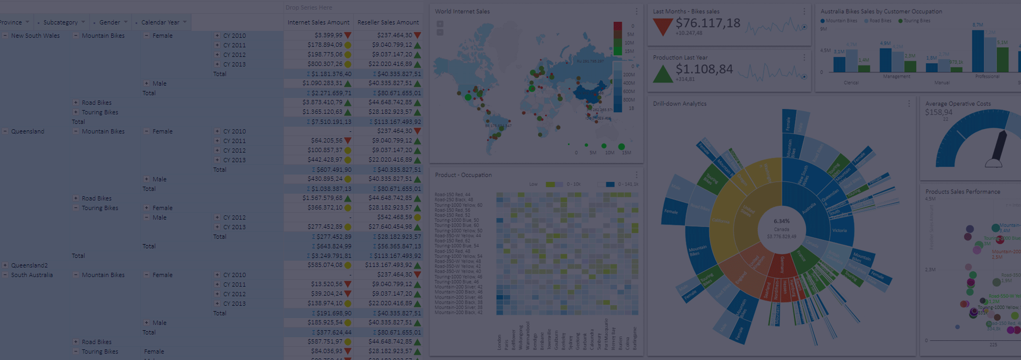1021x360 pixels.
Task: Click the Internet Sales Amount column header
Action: coord(318,22)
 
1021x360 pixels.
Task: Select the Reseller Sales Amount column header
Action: coord(388,22)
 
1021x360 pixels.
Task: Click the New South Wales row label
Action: coord(35,36)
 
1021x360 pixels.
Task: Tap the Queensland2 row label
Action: coord(29,265)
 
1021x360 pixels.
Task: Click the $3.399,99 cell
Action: coord(328,35)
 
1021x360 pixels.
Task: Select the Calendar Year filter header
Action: coord(160,22)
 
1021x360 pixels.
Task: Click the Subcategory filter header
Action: coord(60,22)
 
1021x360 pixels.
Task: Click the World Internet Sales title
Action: coord(462,11)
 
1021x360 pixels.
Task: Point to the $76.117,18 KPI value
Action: coord(707,23)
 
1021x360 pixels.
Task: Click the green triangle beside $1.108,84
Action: coord(662,74)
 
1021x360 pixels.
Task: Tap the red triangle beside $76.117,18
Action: coord(662,27)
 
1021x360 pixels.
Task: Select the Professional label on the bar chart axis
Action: coord(987,77)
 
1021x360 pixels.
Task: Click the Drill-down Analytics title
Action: coord(679,104)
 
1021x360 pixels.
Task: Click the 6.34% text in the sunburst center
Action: coord(781,221)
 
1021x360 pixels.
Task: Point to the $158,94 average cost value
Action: coord(939,112)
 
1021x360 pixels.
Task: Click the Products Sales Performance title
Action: coord(963,191)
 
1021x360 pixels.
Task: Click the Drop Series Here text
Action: coord(308,7)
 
